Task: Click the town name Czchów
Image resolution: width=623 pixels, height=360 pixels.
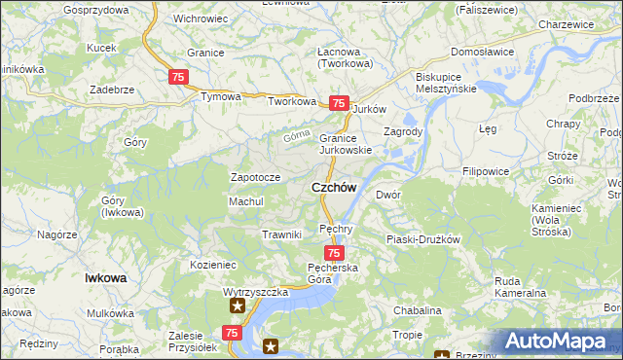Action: click(334, 187)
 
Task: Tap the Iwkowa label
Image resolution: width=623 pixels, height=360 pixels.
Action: click(106, 277)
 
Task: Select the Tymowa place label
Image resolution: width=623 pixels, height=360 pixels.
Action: click(220, 97)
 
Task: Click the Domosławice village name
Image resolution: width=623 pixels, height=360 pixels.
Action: click(481, 52)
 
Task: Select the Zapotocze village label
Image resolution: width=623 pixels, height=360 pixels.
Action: click(255, 177)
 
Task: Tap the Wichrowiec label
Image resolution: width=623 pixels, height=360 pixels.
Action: click(202, 18)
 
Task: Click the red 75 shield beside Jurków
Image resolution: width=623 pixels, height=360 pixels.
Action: click(339, 103)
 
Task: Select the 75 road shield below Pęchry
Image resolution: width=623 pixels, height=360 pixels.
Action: click(333, 253)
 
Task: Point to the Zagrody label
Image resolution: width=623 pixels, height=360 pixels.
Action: click(402, 131)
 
